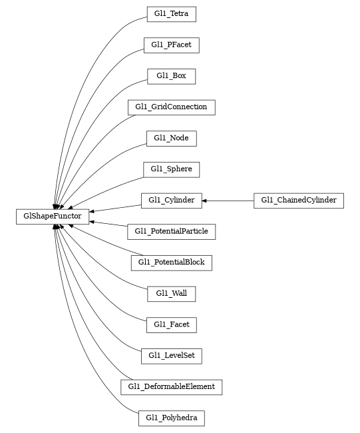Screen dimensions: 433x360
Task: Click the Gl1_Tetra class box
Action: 171,14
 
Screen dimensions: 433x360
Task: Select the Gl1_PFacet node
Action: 171,45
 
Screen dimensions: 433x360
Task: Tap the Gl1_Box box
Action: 171,76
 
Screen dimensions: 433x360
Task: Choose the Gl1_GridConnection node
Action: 171,107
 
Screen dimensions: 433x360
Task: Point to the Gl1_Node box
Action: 171,138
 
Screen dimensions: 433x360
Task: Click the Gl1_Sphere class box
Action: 171,169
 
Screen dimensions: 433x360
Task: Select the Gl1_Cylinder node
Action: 171,200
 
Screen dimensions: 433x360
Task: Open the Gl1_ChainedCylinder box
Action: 298,200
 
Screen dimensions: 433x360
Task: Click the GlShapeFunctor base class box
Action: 53,216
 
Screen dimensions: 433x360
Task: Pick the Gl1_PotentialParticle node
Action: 171,231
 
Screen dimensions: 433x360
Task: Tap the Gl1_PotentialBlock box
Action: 171,262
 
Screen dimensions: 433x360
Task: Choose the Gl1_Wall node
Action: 171,293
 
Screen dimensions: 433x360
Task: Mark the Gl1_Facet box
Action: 171,324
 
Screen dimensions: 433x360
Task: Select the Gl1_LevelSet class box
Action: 171,356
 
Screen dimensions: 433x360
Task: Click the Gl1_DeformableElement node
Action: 171,386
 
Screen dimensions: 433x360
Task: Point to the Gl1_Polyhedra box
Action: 171,418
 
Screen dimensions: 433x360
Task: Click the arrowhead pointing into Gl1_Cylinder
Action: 205,200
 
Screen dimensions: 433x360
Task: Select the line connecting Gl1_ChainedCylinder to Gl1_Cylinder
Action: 230,200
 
